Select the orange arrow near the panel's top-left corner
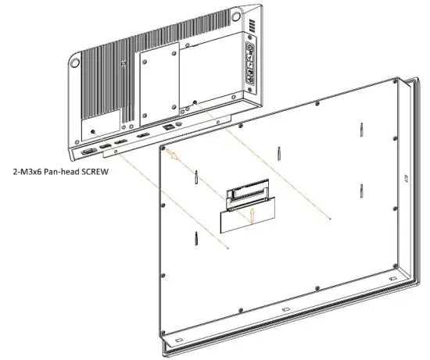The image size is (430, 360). tap(174, 159)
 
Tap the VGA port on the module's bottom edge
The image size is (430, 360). tap(89, 151)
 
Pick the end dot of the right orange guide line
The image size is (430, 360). tap(335, 220)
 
